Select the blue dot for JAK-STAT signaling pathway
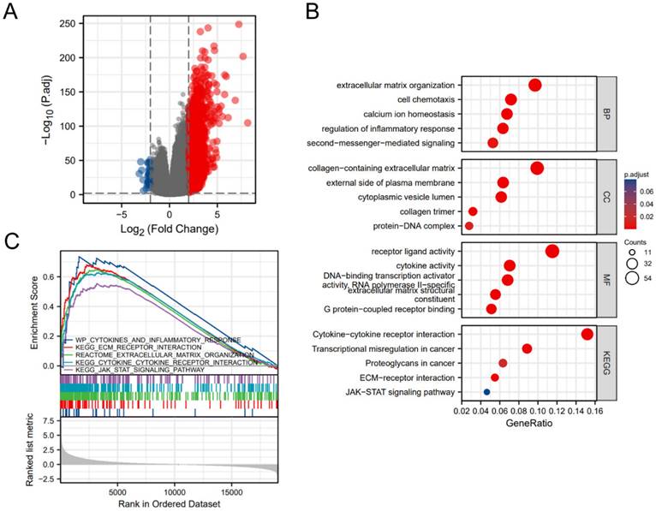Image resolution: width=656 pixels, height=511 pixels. pyautogui.click(x=486, y=392)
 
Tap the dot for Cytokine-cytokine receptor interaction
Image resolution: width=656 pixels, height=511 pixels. pyautogui.click(x=587, y=335)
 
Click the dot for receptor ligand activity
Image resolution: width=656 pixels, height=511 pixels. pyautogui.click(x=552, y=251)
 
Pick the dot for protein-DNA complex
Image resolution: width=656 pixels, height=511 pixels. pyautogui.click(x=468, y=226)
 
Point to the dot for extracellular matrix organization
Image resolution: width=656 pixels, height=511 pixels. pyautogui.click(x=535, y=85)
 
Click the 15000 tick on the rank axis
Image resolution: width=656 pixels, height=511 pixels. pyautogui.click(x=230, y=492)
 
